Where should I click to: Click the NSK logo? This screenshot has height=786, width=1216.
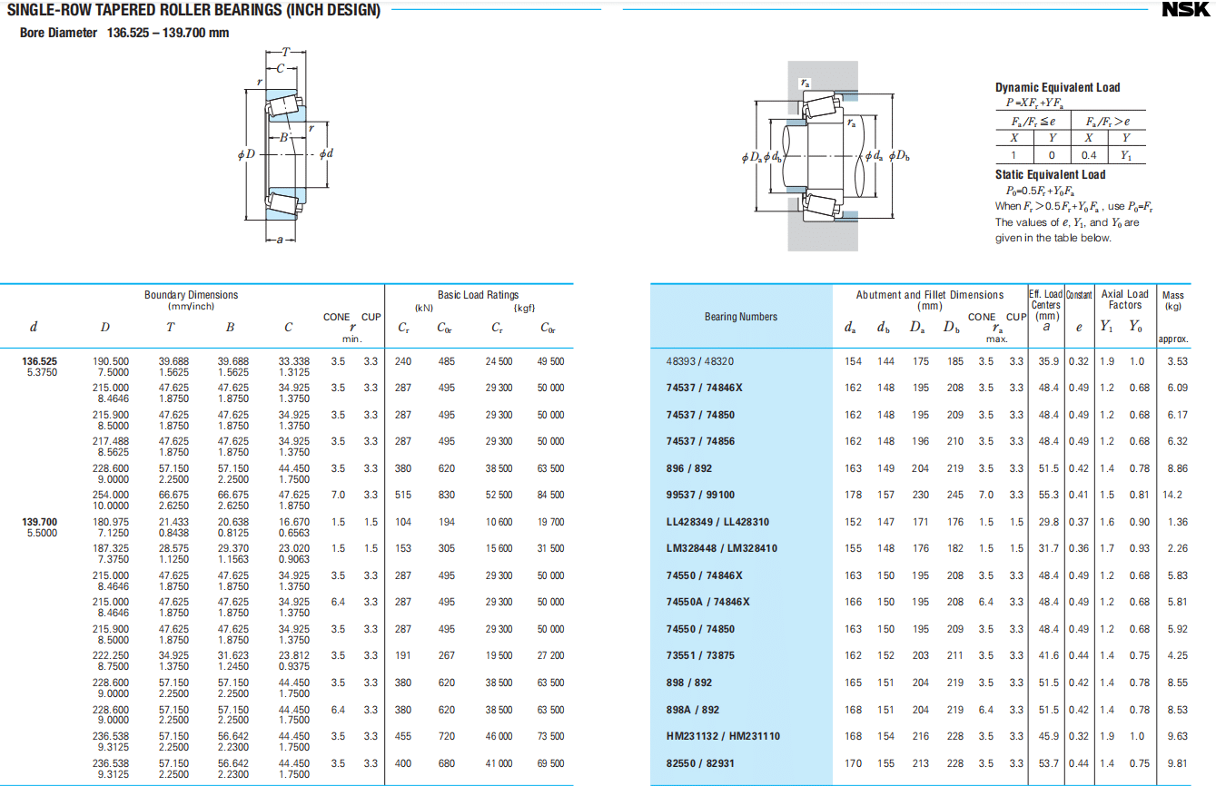tap(1186, 10)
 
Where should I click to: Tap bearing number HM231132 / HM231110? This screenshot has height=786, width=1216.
tap(723, 736)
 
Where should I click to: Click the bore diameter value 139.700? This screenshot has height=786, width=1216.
tap(39, 522)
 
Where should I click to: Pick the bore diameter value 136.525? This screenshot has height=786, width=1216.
tap(39, 361)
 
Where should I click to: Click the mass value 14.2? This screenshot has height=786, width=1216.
tap(1172, 495)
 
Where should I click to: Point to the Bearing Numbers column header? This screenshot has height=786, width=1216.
tap(740, 317)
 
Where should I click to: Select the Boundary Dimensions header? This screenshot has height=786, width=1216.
tap(191, 295)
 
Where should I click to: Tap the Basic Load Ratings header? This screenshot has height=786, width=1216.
tap(478, 295)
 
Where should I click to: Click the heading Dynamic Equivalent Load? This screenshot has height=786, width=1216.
tap(1057, 87)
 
